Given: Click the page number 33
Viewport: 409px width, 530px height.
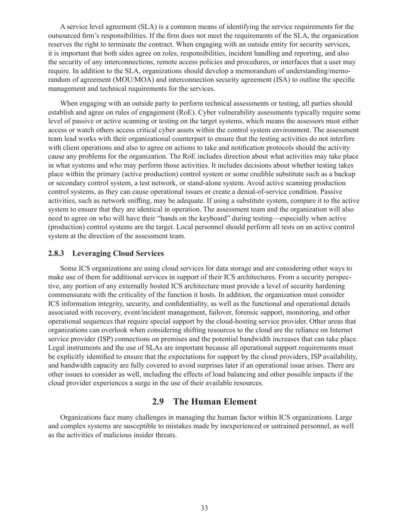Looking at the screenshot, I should point(204,508).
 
